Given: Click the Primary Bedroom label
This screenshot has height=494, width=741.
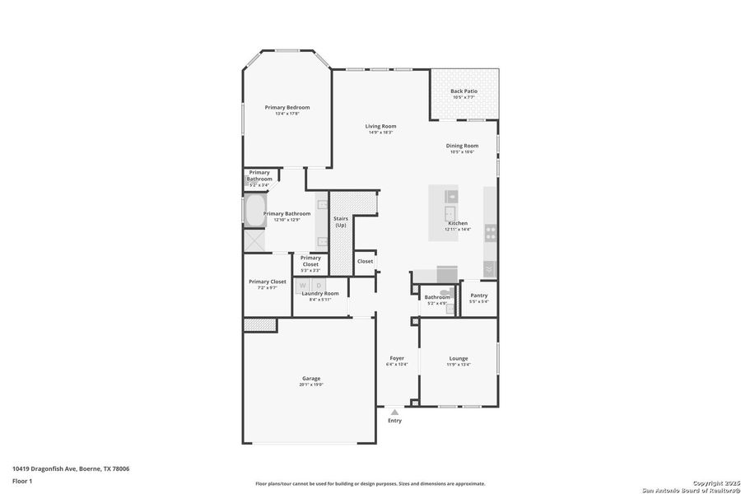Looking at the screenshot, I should (287, 107).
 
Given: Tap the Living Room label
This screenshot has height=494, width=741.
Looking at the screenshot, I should (380, 126).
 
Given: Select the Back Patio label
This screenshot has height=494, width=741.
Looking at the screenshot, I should (464, 91).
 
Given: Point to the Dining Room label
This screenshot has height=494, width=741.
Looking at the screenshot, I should (462, 146).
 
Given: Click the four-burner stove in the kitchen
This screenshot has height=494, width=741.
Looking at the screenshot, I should (491, 233).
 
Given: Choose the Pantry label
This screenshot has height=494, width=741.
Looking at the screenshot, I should (478, 296).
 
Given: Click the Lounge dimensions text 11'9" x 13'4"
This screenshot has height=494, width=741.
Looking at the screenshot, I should (459, 364).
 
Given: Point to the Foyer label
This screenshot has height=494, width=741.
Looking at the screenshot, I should (397, 358).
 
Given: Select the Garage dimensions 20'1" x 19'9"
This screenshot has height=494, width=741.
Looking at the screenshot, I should (311, 384).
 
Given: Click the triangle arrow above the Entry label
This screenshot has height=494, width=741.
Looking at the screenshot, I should (394, 412).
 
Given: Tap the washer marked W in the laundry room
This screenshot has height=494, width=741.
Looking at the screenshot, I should (302, 285).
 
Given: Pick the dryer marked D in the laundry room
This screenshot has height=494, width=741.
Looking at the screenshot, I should (319, 285).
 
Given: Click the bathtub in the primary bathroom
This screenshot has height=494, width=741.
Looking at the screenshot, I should (254, 211).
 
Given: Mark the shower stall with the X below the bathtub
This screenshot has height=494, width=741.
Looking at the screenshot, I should (254, 240).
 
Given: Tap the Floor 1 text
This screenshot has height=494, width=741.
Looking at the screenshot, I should (21, 481).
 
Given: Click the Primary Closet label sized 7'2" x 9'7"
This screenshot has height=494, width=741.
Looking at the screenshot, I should (268, 282).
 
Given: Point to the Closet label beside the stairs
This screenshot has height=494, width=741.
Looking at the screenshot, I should (365, 261).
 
